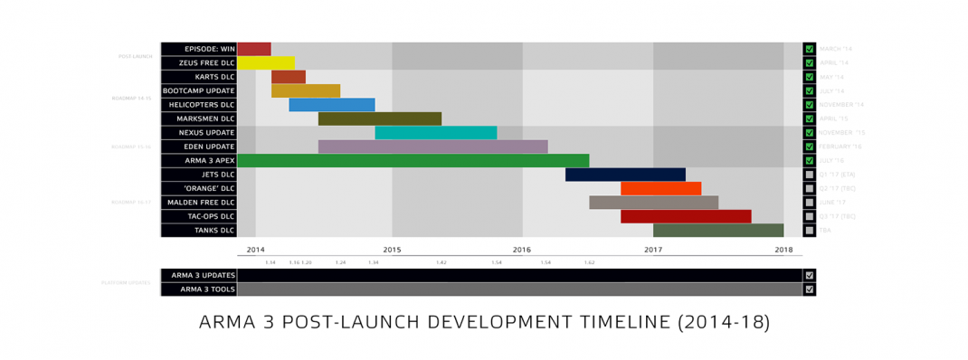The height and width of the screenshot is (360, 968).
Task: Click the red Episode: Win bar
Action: coord(254,49)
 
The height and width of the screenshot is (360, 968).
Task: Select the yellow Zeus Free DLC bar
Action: coord(266,63)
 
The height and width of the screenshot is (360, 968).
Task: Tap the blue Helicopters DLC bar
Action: coord(331,105)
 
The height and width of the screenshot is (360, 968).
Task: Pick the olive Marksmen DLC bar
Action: coord(380,118)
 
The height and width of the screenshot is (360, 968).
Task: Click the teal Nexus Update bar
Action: coord(435,133)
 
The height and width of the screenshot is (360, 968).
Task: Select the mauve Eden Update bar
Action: coord(432,147)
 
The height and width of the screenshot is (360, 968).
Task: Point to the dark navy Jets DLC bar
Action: coord(625,175)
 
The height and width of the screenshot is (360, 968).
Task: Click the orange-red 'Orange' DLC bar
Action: coord(660,188)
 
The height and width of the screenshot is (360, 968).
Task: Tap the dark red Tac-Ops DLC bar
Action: coord(686,216)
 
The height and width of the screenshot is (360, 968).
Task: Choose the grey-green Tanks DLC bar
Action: coord(718,231)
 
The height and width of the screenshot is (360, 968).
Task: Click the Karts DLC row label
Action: coord(199,77)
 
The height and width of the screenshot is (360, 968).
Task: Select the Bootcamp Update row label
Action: coord(199,90)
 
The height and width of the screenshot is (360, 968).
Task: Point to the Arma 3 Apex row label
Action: coord(199,160)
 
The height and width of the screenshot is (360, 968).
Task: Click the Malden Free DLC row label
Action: coord(199,203)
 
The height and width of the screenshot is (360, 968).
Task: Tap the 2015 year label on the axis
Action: coord(392,249)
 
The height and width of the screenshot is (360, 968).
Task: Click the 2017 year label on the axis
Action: coord(653,249)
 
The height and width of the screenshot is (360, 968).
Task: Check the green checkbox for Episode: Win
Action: coord(810,49)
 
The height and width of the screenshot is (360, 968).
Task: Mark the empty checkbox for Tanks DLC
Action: coord(810,231)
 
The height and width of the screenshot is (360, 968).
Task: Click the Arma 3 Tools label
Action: coord(199,289)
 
